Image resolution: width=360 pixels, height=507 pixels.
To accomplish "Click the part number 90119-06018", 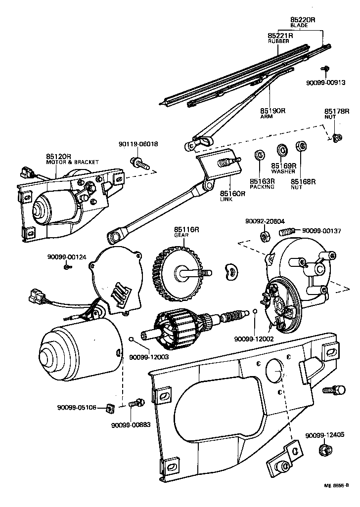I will pos(138,144).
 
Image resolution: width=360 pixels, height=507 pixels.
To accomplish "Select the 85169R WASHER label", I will pos(283,169).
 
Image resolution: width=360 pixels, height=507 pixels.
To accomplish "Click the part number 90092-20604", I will pos(265,222).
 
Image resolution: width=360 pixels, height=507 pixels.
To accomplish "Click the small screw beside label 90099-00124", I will pos(67,267).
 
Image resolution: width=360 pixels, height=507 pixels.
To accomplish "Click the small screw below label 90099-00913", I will pos(325,68).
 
